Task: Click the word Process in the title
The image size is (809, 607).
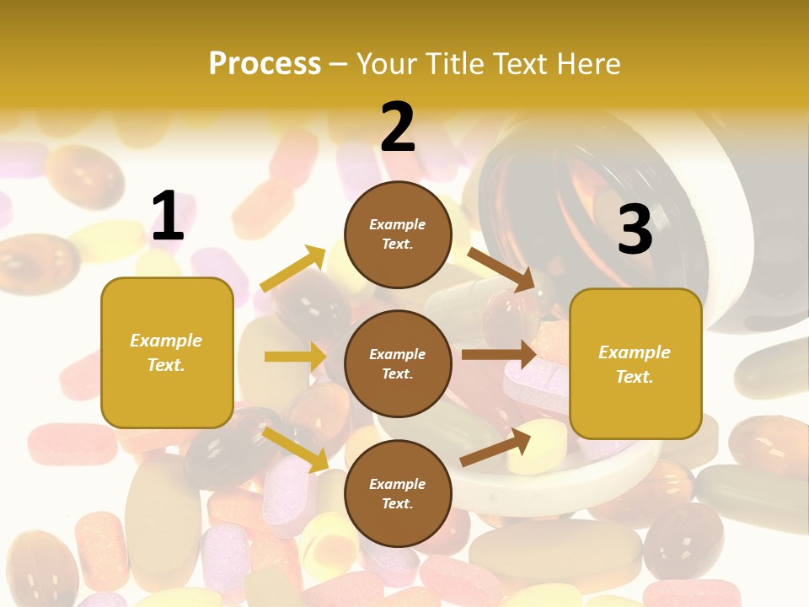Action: click(265, 63)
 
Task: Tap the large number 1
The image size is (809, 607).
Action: click(167, 216)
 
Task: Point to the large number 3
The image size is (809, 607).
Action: click(635, 229)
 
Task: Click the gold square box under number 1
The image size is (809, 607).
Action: click(167, 352)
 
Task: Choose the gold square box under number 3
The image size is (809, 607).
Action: click(635, 363)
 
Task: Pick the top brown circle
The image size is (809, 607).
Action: click(398, 234)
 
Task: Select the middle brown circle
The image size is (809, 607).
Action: click(398, 363)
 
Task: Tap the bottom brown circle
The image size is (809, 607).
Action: click(398, 493)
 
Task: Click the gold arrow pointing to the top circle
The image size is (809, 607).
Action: click(293, 269)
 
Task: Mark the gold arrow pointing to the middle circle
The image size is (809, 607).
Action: click(295, 357)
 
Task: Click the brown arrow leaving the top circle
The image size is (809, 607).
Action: click(501, 270)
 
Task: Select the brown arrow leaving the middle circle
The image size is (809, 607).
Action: click(499, 354)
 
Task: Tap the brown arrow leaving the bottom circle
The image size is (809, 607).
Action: click(496, 448)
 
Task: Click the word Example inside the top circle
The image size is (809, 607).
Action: click(398, 225)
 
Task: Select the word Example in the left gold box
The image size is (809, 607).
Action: click(166, 341)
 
